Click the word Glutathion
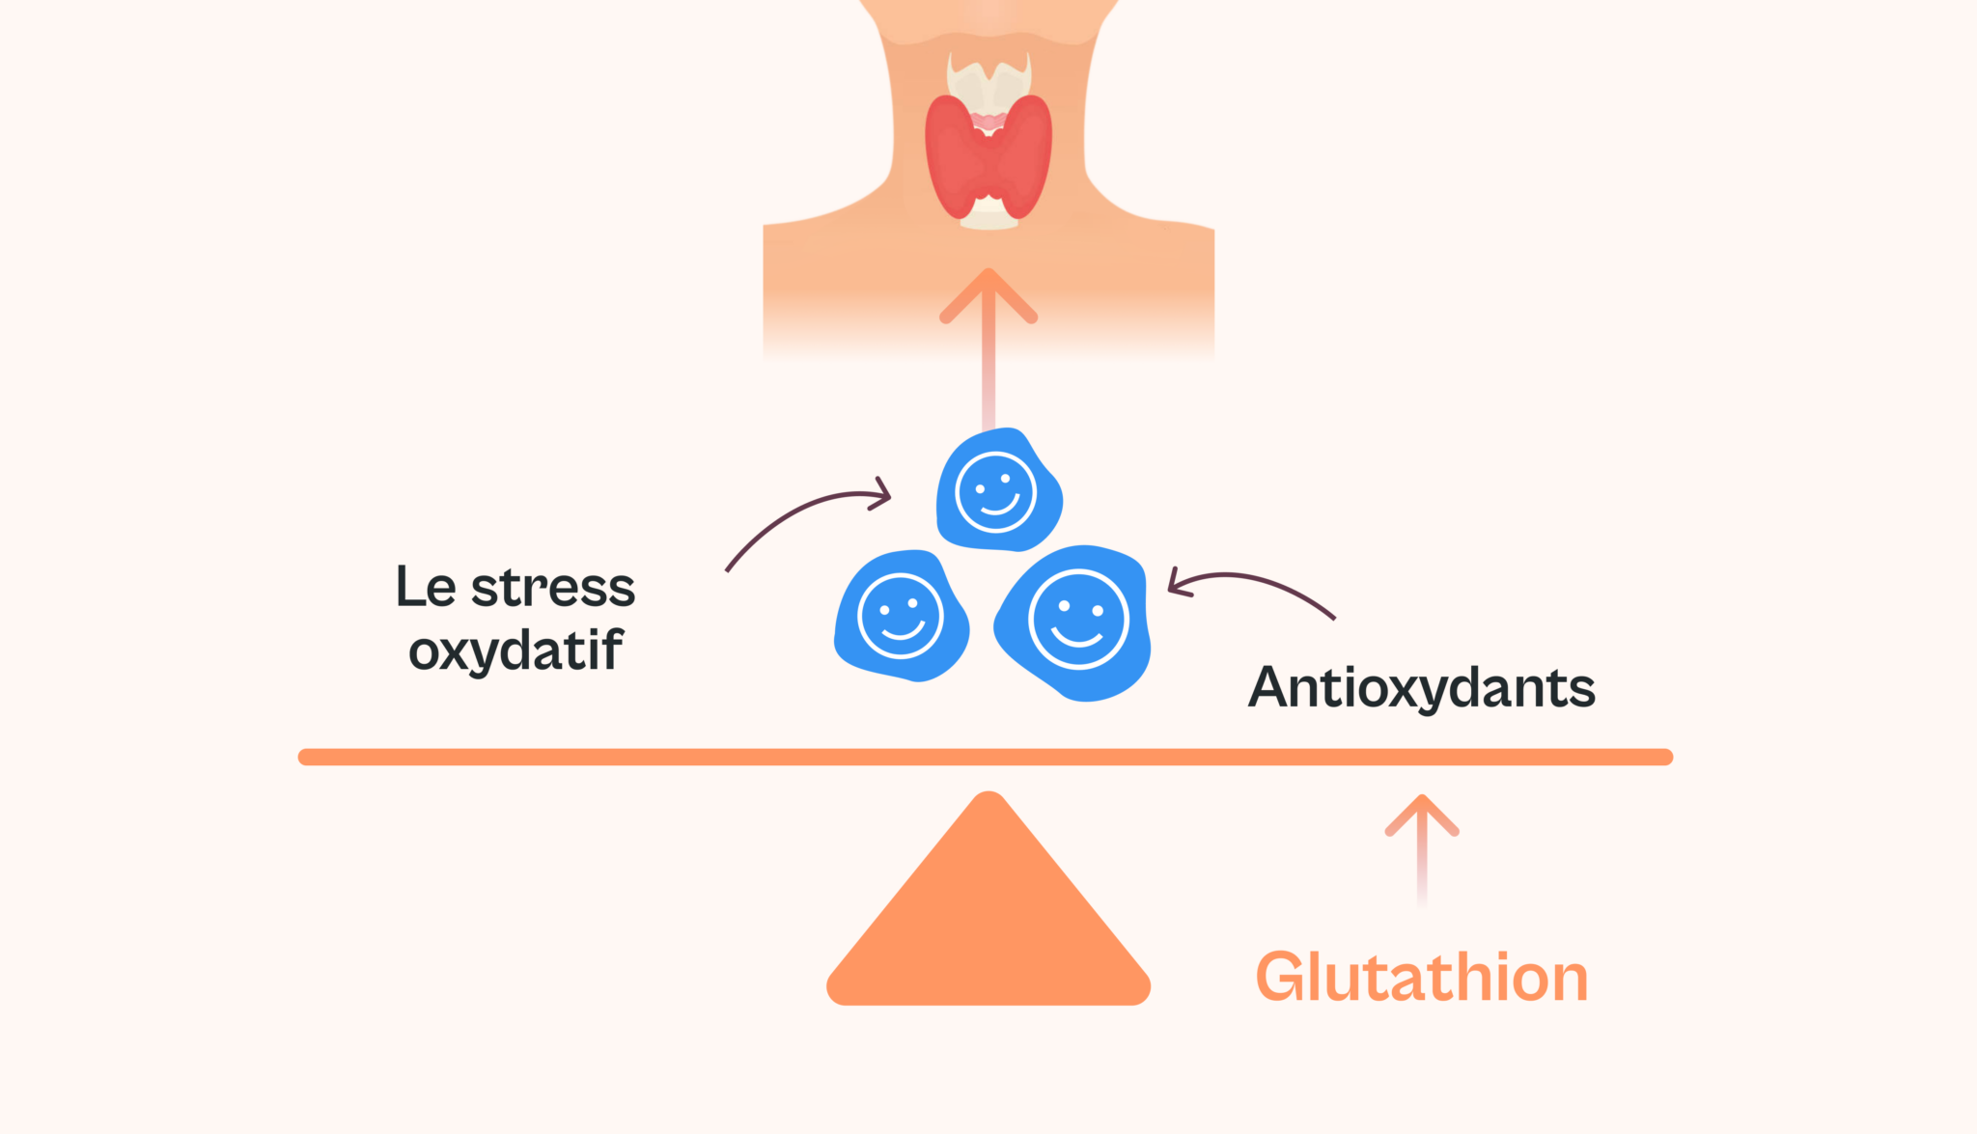click(1422, 977)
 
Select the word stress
click(553, 587)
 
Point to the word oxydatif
click(516, 650)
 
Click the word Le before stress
click(426, 587)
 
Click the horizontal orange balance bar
click(986, 758)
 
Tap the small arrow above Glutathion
click(1422, 850)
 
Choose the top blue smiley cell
click(998, 490)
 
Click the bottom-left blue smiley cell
click(901, 616)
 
